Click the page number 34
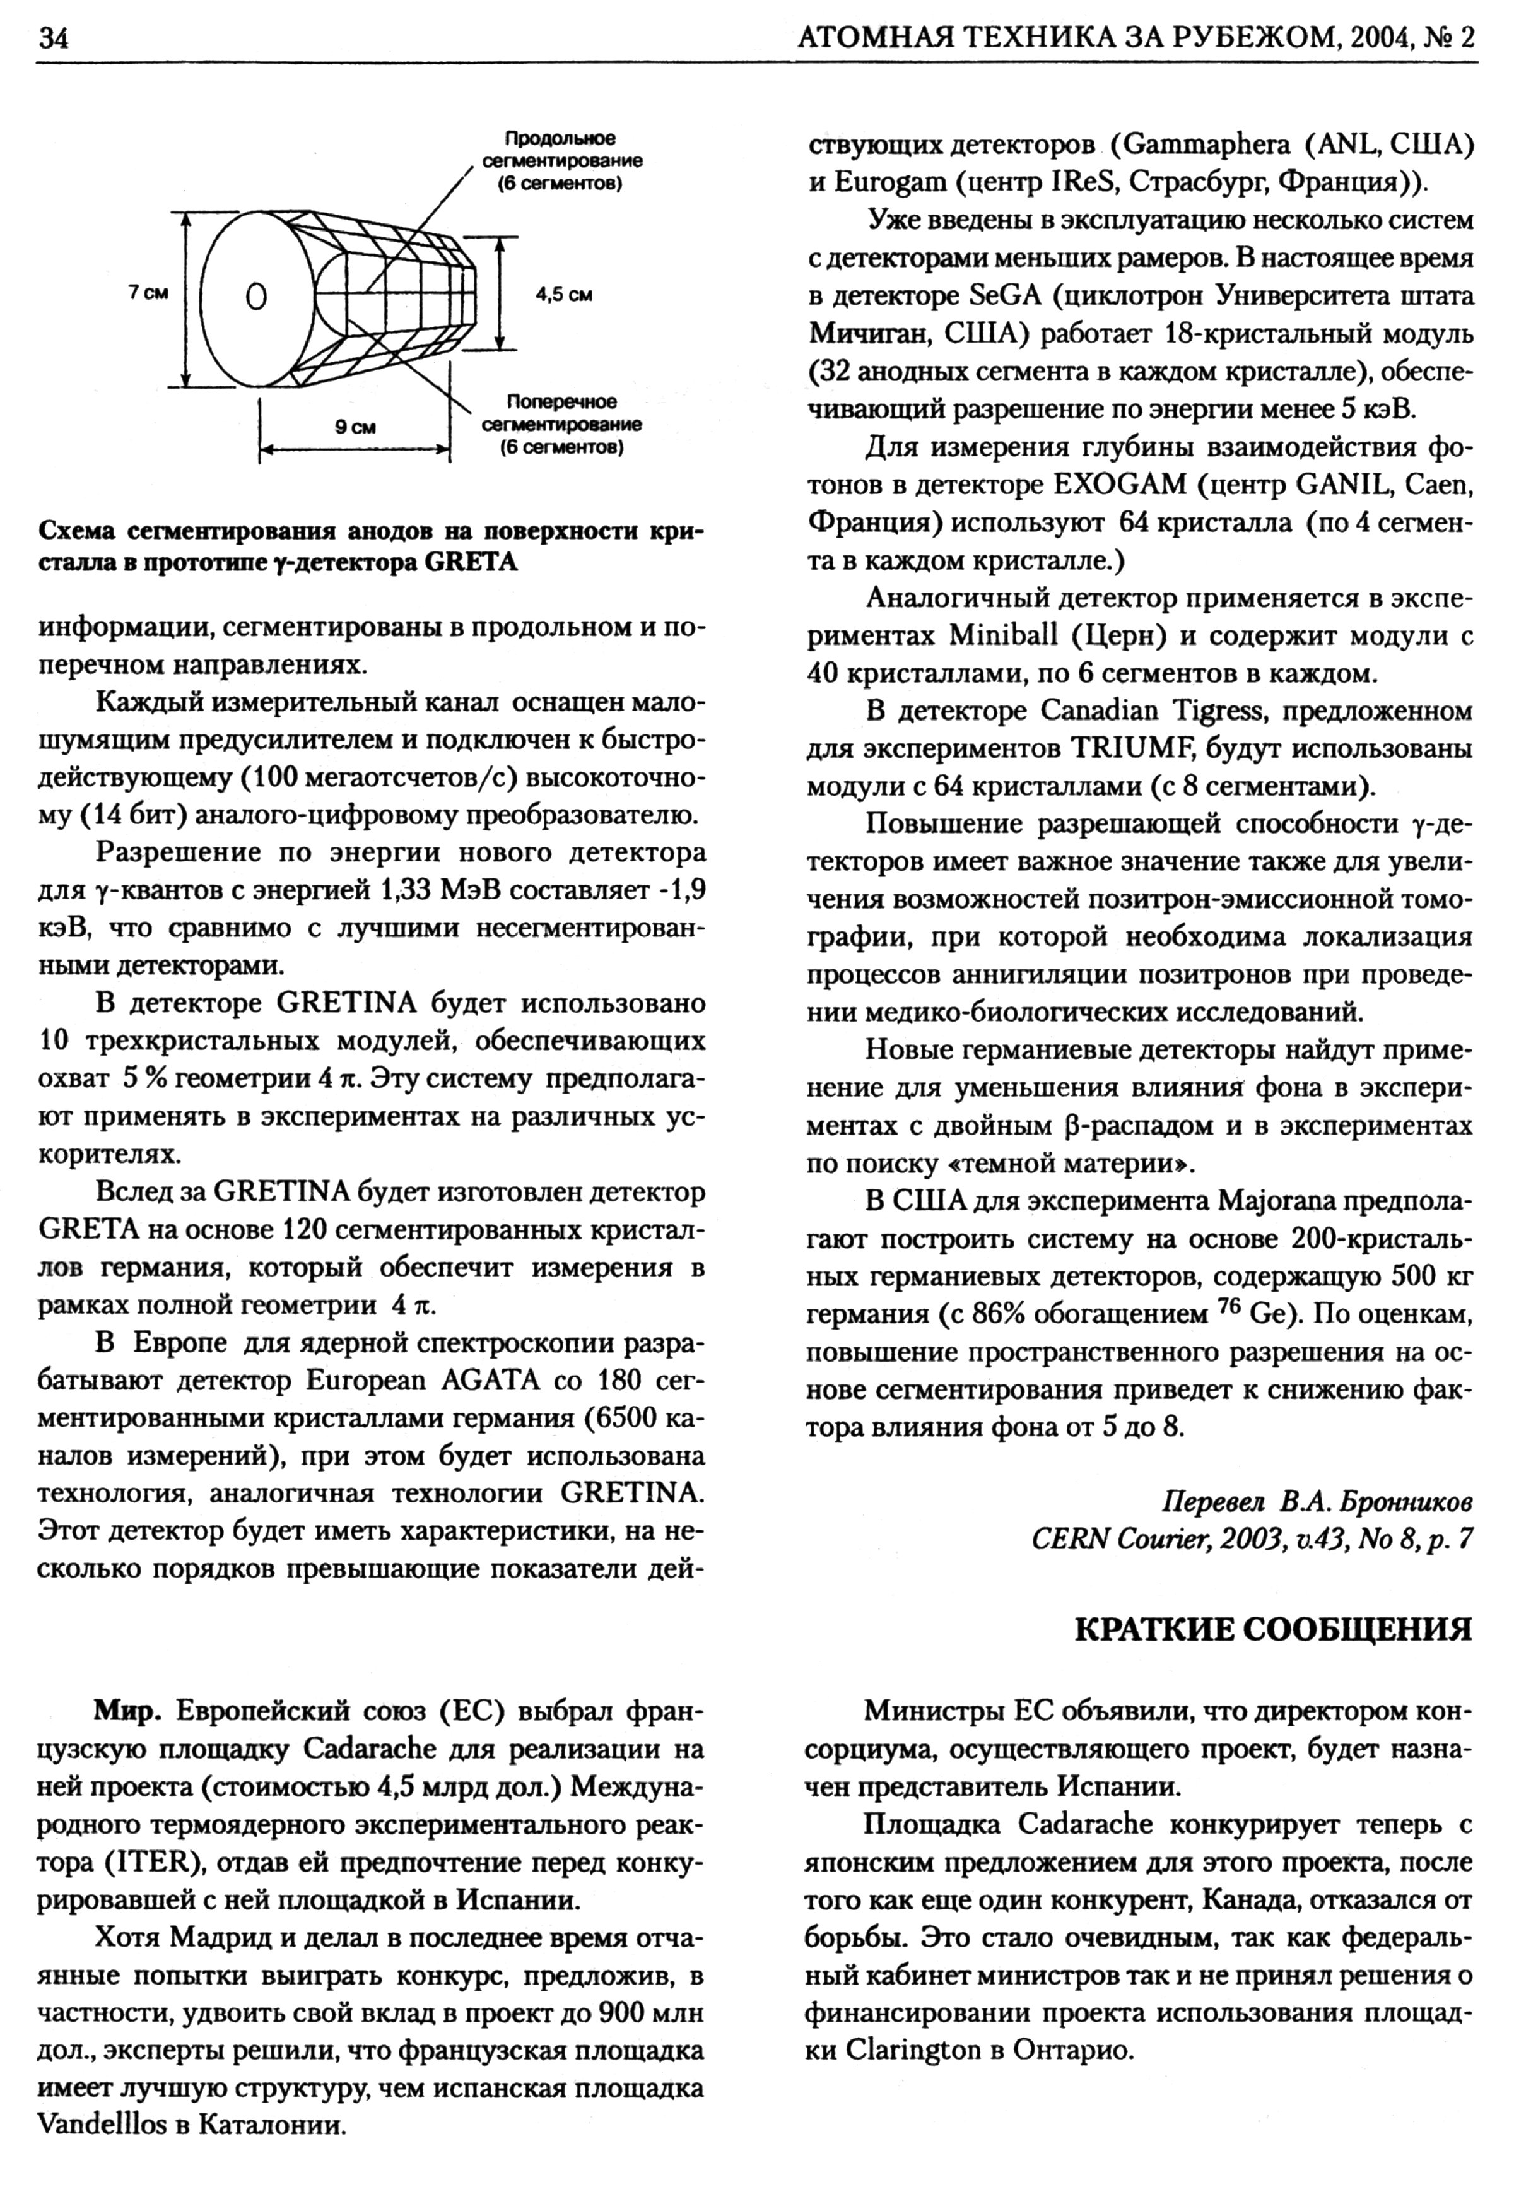tap(52, 38)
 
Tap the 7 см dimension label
tap(148, 294)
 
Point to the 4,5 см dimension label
tap(564, 295)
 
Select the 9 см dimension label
tap(355, 427)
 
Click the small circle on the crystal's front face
tap(255, 297)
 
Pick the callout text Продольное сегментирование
tap(560, 160)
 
